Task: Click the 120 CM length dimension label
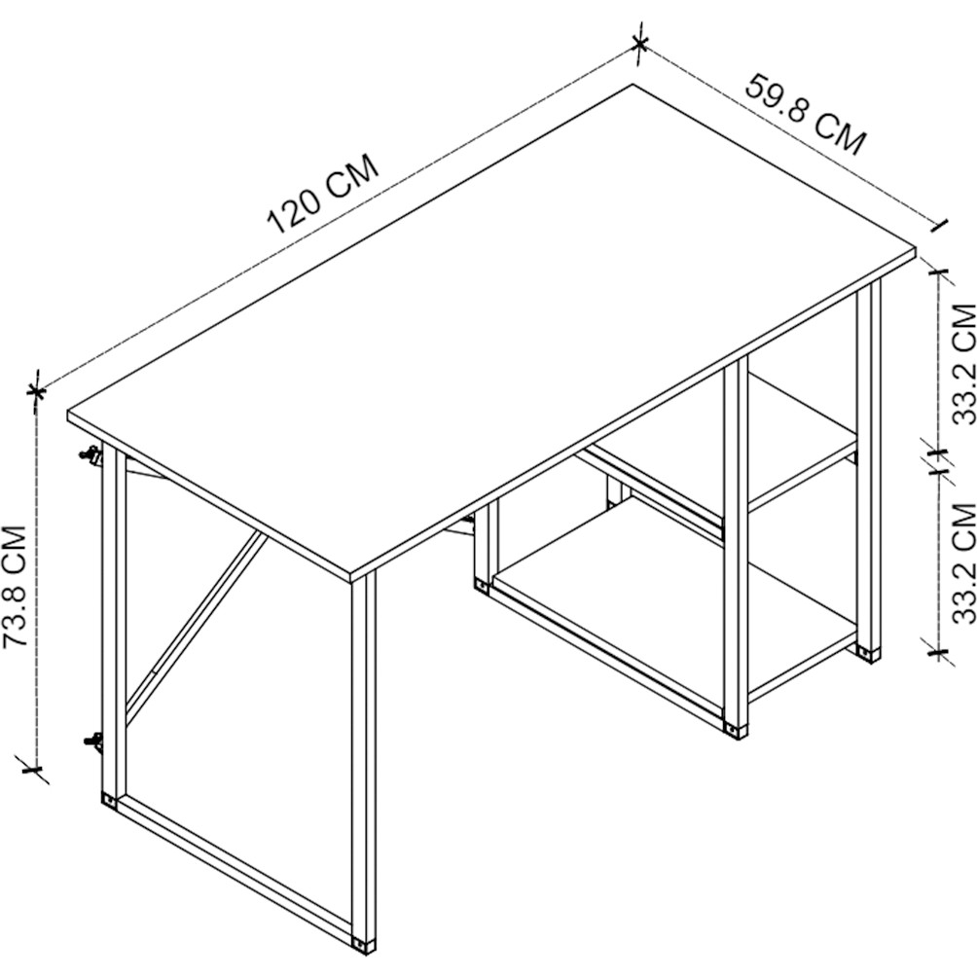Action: click(323, 194)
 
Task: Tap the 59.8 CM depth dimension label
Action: click(807, 115)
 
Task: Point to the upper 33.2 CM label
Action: click(964, 364)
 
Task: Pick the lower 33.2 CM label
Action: click(964, 563)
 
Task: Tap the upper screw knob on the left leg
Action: click(91, 454)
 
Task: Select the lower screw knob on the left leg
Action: click(92, 742)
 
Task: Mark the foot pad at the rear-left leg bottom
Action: click(108, 801)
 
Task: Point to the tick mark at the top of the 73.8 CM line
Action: click(37, 392)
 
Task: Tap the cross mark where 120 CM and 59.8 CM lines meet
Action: click(639, 44)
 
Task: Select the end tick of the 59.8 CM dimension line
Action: click(938, 225)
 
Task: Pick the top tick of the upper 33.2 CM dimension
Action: click(938, 271)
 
